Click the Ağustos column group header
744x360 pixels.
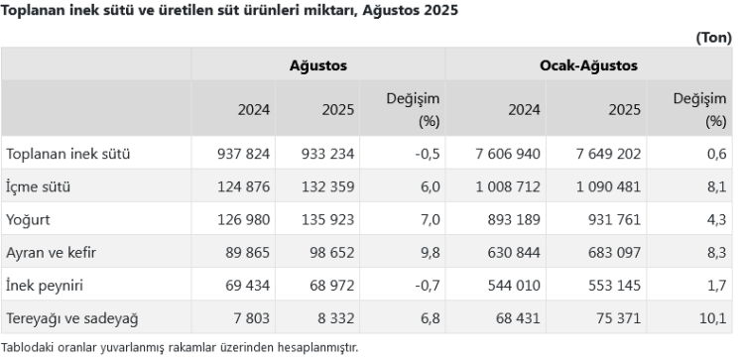317,65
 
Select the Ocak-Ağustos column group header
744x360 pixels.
588,65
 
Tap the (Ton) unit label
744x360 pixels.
713,38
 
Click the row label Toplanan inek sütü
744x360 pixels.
67,154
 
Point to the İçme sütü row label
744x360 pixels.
38,186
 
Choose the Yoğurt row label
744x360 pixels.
28,220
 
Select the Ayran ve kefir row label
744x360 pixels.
51,252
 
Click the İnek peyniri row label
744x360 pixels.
44,286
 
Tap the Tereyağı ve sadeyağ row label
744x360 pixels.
72,318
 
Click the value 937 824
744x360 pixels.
243,154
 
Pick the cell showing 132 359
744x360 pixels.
328,186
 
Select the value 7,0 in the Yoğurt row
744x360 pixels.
430,220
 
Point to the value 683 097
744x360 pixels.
614,252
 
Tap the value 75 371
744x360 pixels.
619,318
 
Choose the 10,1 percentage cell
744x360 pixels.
712,318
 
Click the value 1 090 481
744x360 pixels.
609,186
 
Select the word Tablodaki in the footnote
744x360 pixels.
27,348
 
